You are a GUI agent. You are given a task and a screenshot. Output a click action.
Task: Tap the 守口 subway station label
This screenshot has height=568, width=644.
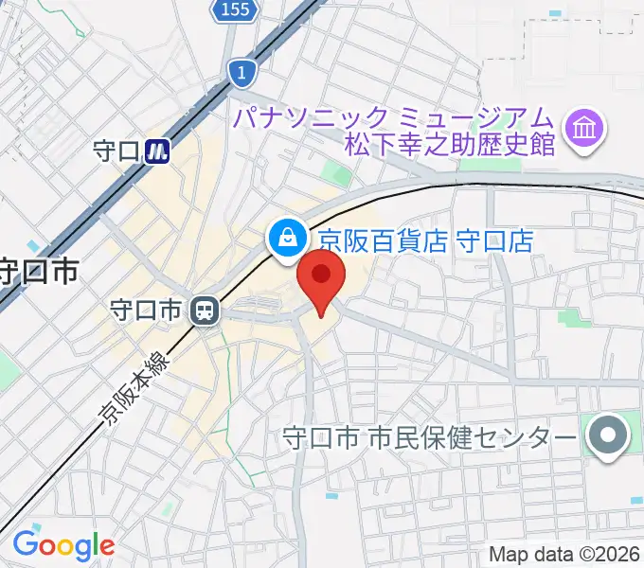coord(117,151)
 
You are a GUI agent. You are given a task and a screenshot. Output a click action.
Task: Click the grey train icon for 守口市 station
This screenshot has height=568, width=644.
coord(204,310)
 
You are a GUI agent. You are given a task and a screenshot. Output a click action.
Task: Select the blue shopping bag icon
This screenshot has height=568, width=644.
coord(285,237)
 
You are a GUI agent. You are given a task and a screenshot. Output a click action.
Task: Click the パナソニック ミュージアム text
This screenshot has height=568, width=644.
coord(392,118)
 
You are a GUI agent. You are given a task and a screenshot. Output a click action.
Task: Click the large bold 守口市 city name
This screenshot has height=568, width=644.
coord(38,273)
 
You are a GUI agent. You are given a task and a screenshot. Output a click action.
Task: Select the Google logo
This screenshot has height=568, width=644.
coord(63,545)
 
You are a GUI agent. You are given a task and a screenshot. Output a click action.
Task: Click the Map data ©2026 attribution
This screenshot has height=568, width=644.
coord(564,555)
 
